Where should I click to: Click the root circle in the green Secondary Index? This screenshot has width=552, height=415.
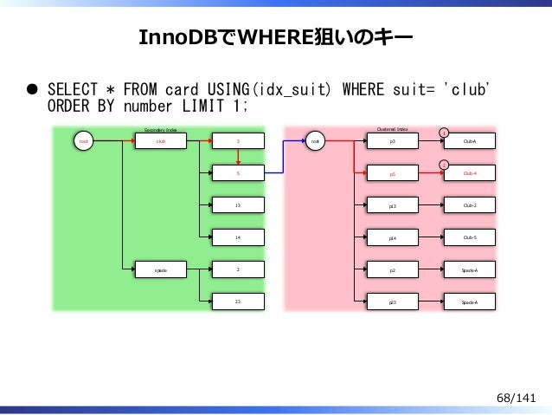coord(84,141)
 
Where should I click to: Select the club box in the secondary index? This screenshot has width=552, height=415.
coord(160,141)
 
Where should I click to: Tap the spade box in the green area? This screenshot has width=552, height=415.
coord(160,269)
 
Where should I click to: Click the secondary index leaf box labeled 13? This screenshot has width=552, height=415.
coord(238,205)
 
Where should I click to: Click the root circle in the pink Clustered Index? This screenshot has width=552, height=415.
coord(316,141)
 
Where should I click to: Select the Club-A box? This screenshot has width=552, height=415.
coord(470,141)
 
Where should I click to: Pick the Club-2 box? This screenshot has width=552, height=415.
coord(470,205)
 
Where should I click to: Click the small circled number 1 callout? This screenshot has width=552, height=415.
coord(443,132)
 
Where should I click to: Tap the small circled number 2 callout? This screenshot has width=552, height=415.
coord(443,164)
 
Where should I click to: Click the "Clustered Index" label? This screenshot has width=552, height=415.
coord(392,128)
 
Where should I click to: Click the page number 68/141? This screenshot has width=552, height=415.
coord(517,397)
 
